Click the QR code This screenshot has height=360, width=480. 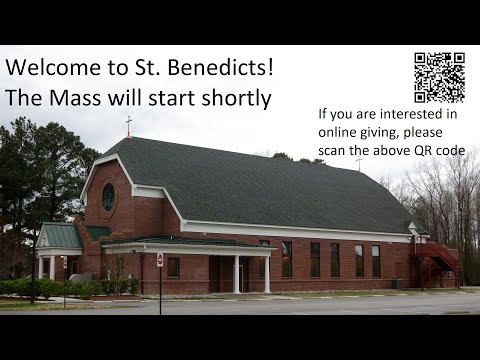click(x=439, y=77)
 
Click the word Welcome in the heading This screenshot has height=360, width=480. click(x=50, y=68)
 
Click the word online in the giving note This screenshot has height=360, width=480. click(x=339, y=132)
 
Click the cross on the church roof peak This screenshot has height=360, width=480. click(x=128, y=125)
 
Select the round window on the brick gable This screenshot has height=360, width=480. click(x=108, y=197)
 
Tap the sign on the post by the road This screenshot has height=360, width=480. click(x=160, y=260)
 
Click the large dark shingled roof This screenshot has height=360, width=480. click(x=270, y=185)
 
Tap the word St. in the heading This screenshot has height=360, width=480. click(x=151, y=68)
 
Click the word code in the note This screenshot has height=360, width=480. click(x=452, y=150)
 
